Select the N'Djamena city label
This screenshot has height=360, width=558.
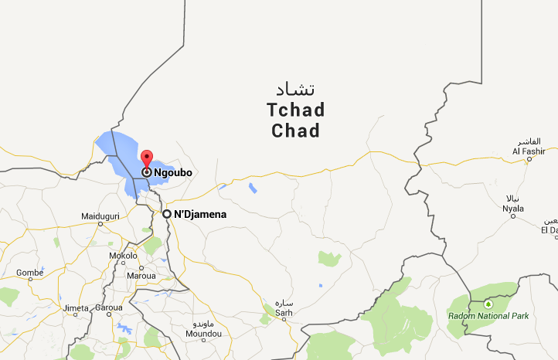(x=199, y=214)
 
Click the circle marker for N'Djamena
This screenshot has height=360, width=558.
(x=166, y=214)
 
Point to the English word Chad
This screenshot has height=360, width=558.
(x=295, y=131)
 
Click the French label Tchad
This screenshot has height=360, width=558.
(x=295, y=110)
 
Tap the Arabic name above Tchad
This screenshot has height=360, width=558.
(x=296, y=89)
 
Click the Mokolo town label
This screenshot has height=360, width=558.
(x=123, y=256)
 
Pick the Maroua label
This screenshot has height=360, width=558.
(x=141, y=275)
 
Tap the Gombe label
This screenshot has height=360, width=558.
(x=29, y=273)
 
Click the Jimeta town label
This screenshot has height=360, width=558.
(x=76, y=308)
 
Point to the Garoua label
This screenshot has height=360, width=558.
(x=109, y=308)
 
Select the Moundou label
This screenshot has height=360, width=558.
(x=204, y=334)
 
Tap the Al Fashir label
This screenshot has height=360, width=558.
(x=529, y=151)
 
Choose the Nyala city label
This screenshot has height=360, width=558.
(x=513, y=209)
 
